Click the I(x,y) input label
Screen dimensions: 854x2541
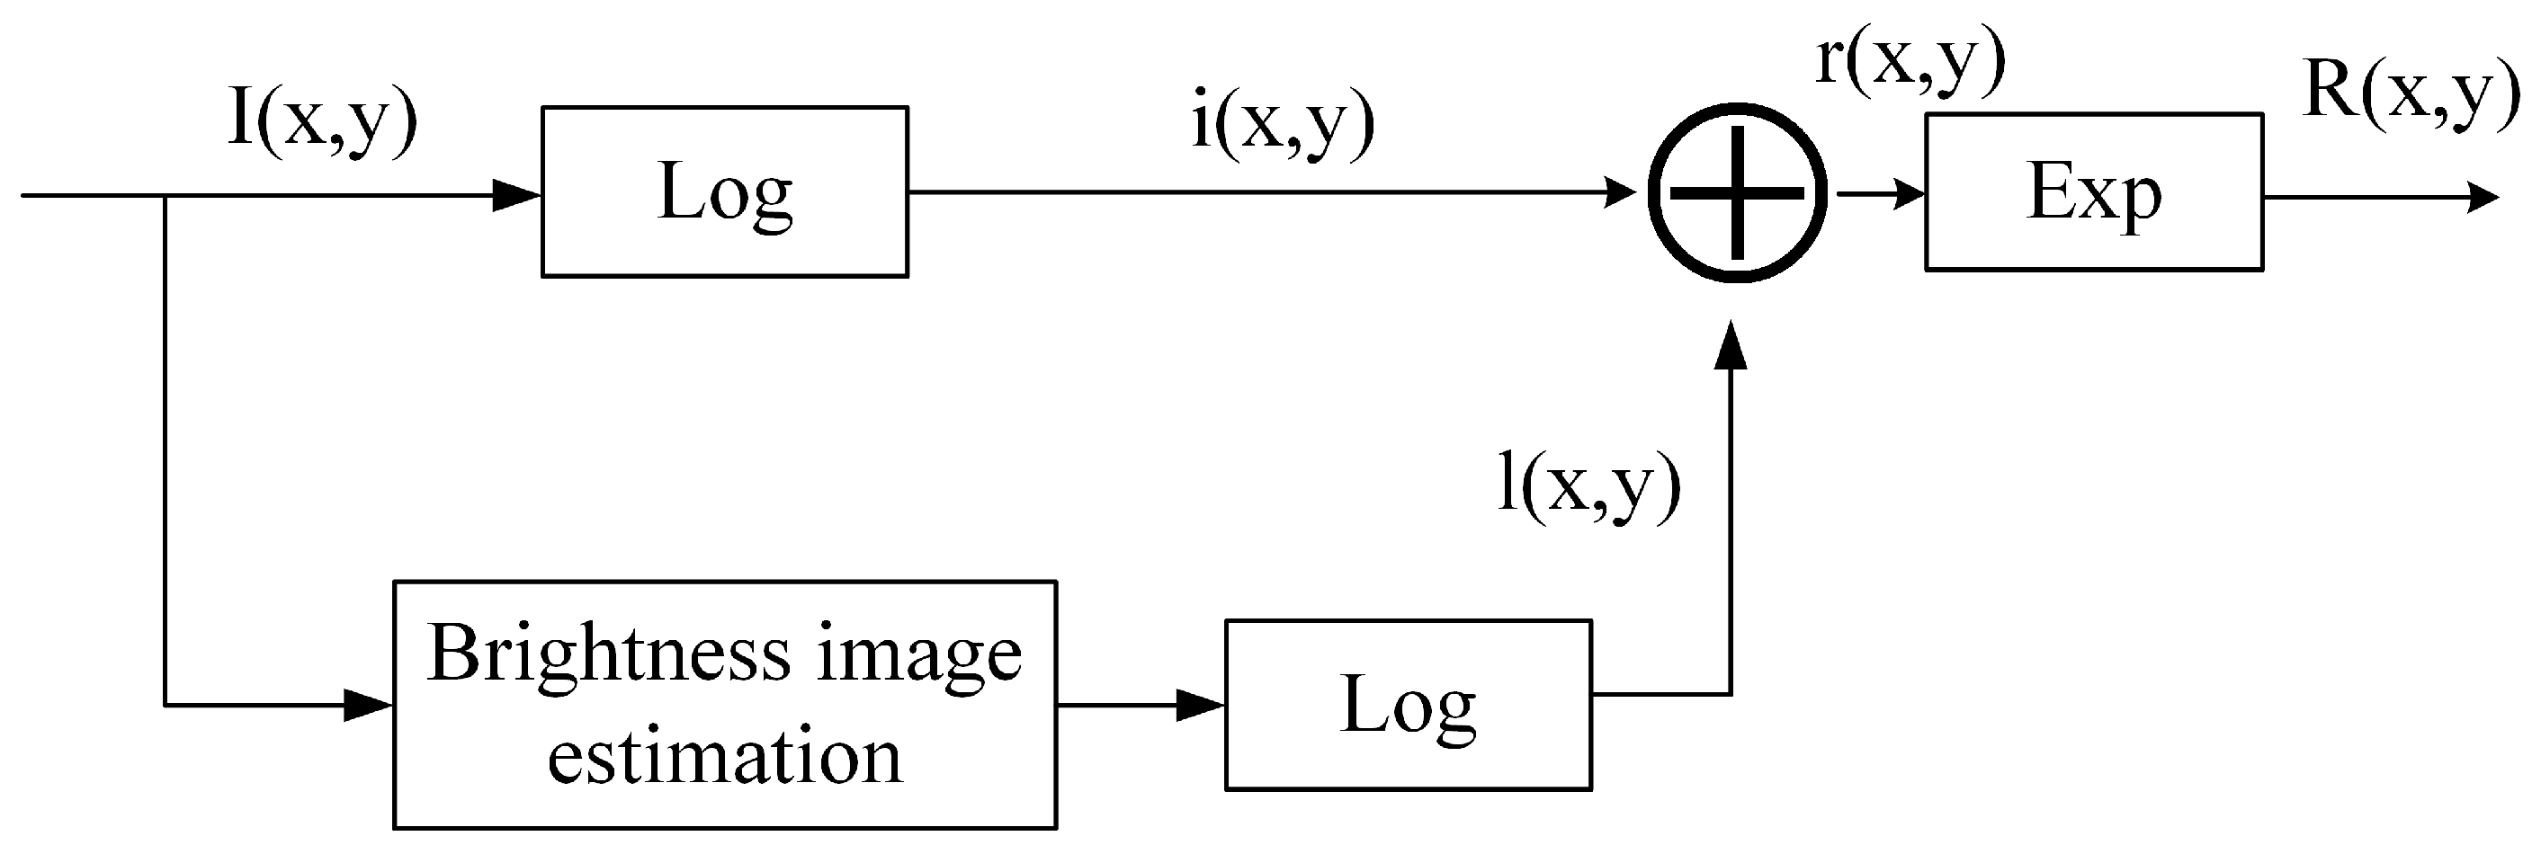tap(323, 122)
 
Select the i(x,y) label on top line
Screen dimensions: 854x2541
tap(1283, 125)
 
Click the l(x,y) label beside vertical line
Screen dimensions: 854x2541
tap(1588, 486)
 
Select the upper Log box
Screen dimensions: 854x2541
tap(724, 191)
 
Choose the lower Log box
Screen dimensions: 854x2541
tap(1408, 704)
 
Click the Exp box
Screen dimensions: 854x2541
tap(2093, 191)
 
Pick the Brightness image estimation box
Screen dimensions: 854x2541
tap(724, 704)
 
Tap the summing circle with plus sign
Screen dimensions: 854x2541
tap(1737, 192)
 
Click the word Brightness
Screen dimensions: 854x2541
tap(609, 654)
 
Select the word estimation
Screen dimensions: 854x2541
tap(724, 757)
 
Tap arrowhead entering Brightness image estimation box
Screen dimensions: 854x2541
tap(368, 705)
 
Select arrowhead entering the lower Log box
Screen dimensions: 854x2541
tap(1201, 705)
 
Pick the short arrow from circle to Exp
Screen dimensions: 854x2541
tap(1879, 194)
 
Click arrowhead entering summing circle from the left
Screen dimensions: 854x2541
tap(1619, 192)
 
